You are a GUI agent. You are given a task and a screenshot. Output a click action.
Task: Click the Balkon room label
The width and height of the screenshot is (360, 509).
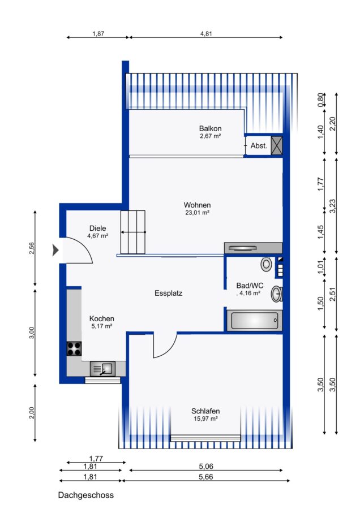pyautogui.click(x=210, y=128)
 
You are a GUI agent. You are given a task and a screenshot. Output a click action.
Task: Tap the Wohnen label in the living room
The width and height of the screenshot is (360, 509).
pyautogui.click(x=197, y=205)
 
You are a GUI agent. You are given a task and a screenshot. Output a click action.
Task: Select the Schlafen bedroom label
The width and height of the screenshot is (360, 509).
pyautogui.click(x=205, y=411)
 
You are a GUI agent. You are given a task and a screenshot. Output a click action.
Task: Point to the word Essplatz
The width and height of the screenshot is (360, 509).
pyautogui.click(x=168, y=294)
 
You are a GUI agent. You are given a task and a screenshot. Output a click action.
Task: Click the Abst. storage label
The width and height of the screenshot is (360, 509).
pyautogui.click(x=259, y=146)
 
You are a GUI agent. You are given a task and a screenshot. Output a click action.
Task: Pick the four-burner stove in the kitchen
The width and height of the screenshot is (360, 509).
pyautogui.click(x=74, y=348)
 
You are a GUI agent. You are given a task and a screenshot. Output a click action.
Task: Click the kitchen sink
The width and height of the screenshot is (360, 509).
pyautogui.click(x=102, y=369)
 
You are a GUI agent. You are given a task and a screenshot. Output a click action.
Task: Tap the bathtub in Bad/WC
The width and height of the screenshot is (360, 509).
pyautogui.click(x=254, y=321)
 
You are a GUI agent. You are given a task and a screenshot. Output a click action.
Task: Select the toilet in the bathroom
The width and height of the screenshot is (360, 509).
pyautogui.click(x=267, y=264)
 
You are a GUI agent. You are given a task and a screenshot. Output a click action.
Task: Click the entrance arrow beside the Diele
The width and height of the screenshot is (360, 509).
pyautogui.click(x=55, y=251)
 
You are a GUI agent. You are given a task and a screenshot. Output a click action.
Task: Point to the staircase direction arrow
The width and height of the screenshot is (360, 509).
pyautogui.click(x=133, y=232)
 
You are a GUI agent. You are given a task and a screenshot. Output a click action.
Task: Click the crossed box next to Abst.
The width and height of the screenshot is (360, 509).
pyautogui.click(x=277, y=145)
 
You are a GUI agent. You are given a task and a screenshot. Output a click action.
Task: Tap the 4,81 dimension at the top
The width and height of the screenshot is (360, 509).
pyautogui.click(x=206, y=33)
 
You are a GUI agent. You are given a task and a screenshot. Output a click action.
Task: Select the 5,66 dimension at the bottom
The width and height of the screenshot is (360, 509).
pyautogui.click(x=206, y=477)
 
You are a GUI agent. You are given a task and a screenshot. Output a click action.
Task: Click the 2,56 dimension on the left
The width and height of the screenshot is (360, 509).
pyautogui.click(x=32, y=248)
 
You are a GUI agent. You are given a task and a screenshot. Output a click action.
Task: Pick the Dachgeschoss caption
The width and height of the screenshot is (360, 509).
pyautogui.click(x=86, y=495)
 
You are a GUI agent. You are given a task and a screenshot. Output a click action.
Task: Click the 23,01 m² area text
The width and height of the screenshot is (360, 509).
pyautogui.click(x=197, y=213)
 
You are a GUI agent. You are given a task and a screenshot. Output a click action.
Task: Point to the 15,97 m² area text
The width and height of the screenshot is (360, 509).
pyautogui.click(x=205, y=419)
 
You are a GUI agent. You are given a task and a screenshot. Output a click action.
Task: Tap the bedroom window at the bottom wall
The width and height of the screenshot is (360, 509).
pyautogui.click(x=205, y=438)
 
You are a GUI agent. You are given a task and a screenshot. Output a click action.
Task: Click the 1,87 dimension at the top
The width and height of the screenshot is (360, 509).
pyautogui.click(x=98, y=33)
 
